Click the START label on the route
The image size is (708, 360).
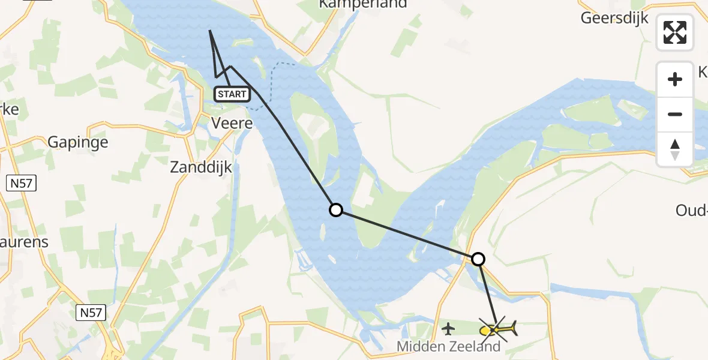[x=232, y=94]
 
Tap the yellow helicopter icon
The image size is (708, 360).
[x=498, y=329]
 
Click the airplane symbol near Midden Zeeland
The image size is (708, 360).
[x=448, y=328]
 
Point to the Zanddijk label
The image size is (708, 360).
[x=200, y=167]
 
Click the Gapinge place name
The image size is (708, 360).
[x=78, y=142]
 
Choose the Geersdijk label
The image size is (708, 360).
[x=614, y=18]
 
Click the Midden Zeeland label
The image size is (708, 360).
[x=448, y=346]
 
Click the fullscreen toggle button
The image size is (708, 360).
[x=675, y=32]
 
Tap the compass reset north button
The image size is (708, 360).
[x=675, y=149]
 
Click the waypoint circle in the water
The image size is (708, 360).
[x=336, y=209]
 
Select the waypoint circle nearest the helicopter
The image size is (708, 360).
[x=478, y=259]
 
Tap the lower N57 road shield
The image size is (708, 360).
[x=91, y=312]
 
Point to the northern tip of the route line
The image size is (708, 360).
[x=210, y=30]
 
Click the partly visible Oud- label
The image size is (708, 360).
[x=691, y=211]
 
